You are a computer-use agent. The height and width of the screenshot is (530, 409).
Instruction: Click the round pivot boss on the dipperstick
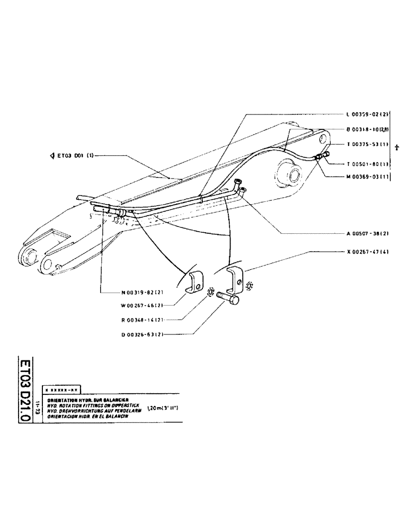289,174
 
